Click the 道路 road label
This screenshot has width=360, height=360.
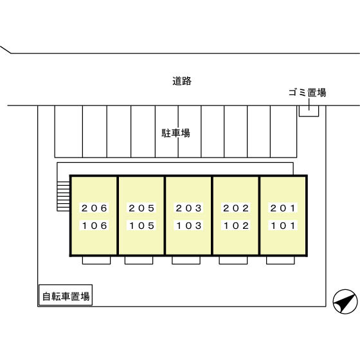coord(182,81)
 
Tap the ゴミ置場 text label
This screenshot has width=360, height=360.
coord(307,93)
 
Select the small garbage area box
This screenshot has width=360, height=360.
coord(309,111)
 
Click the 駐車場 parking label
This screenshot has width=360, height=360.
coord(176,133)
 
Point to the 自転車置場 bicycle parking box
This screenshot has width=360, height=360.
coord(66,295)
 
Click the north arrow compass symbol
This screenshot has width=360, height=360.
coord(345,301)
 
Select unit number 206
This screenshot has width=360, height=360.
coord(94,208)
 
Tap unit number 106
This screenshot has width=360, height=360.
coord(94,226)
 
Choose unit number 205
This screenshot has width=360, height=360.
coord(141,208)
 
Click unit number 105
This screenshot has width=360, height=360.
coord(141,226)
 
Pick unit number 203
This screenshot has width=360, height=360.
coord(189,208)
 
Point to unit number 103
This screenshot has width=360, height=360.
coord(189,226)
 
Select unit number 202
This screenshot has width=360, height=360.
coord(236,208)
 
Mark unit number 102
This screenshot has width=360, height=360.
coord(236,226)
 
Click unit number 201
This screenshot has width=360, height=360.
coord(283,208)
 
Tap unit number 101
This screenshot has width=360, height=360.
coord(283,226)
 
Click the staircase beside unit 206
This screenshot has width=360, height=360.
coord(64,196)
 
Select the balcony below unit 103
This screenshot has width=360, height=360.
coord(186,260)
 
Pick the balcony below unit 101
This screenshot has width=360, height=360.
coord(280,260)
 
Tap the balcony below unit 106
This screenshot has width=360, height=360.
coord(96,260)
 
